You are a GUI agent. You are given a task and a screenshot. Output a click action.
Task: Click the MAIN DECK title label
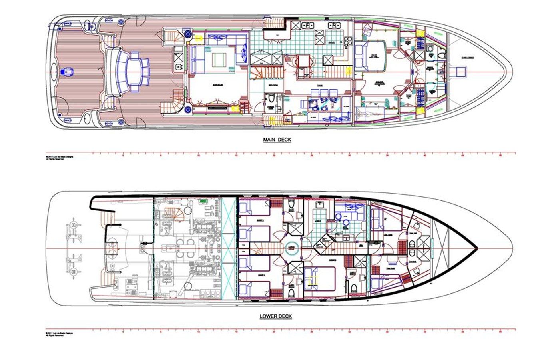tap(277, 140)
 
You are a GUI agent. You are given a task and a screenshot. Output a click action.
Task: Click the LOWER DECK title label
tap(276, 316)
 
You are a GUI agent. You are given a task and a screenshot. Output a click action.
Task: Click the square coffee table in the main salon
tap(219, 60)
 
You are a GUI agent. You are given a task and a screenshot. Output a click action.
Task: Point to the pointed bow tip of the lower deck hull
tap(476, 248)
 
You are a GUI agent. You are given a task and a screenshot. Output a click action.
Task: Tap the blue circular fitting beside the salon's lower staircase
tap(187, 108)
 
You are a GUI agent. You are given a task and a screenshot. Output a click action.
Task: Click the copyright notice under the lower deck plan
tap(60, 334)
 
